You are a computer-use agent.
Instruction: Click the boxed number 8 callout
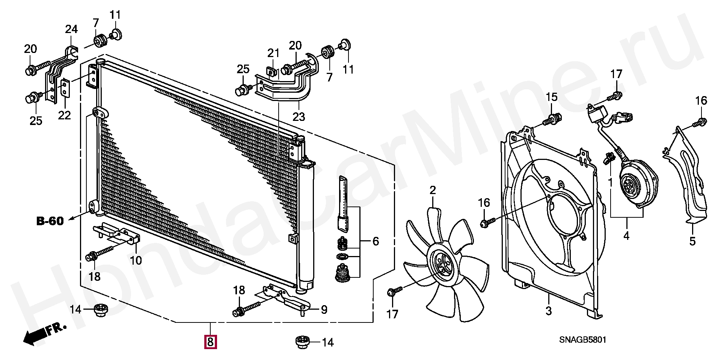(210, 342)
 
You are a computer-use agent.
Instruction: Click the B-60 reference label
(50, 221)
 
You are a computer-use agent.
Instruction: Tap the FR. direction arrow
(43, 333)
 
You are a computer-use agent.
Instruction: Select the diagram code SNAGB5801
(582, 340)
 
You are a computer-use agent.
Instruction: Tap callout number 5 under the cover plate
(692, 241)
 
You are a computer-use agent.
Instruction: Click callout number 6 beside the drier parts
(375, 241)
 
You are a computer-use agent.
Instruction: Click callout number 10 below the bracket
(136, 260)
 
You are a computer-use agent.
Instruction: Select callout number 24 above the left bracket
(71, 29)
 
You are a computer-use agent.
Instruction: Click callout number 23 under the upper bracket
(299, 117)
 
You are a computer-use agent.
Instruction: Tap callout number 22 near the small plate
(64, 115)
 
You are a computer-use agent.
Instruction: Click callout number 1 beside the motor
(610, 183)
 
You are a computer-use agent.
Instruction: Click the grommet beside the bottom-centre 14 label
(302, 342)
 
